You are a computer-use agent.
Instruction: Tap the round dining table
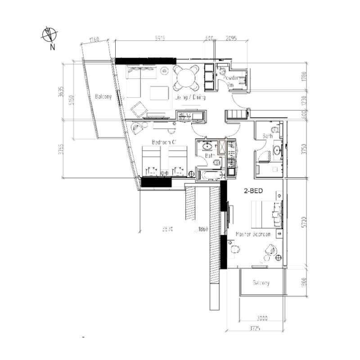click(186, 77)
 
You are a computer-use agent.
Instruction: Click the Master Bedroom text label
click(254, 235)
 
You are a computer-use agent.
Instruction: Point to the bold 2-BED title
click(253, 190)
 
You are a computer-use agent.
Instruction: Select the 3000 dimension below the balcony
click(261, 318)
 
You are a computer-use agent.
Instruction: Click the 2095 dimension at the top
click(231, 39)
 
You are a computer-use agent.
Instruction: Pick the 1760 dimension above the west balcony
click(94, 40)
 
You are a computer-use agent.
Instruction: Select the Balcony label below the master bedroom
click(261, 283)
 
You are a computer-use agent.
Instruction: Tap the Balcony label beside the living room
click(103, 96)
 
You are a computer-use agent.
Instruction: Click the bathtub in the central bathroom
click(211, 175)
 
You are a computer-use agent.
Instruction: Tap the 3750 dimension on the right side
click(306, 148)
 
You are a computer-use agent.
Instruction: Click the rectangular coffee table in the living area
click(157, 93)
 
